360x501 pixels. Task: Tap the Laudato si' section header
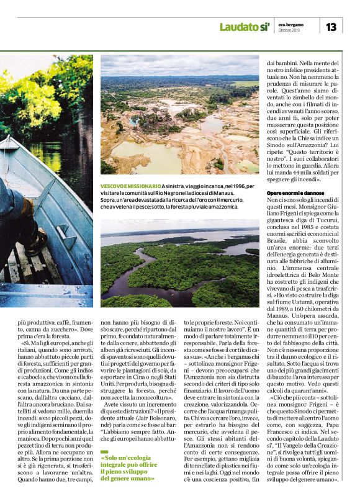(x=245, y=27)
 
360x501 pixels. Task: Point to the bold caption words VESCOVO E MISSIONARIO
(x=130, y=186)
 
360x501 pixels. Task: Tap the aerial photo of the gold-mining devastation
(x=179, y=115)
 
